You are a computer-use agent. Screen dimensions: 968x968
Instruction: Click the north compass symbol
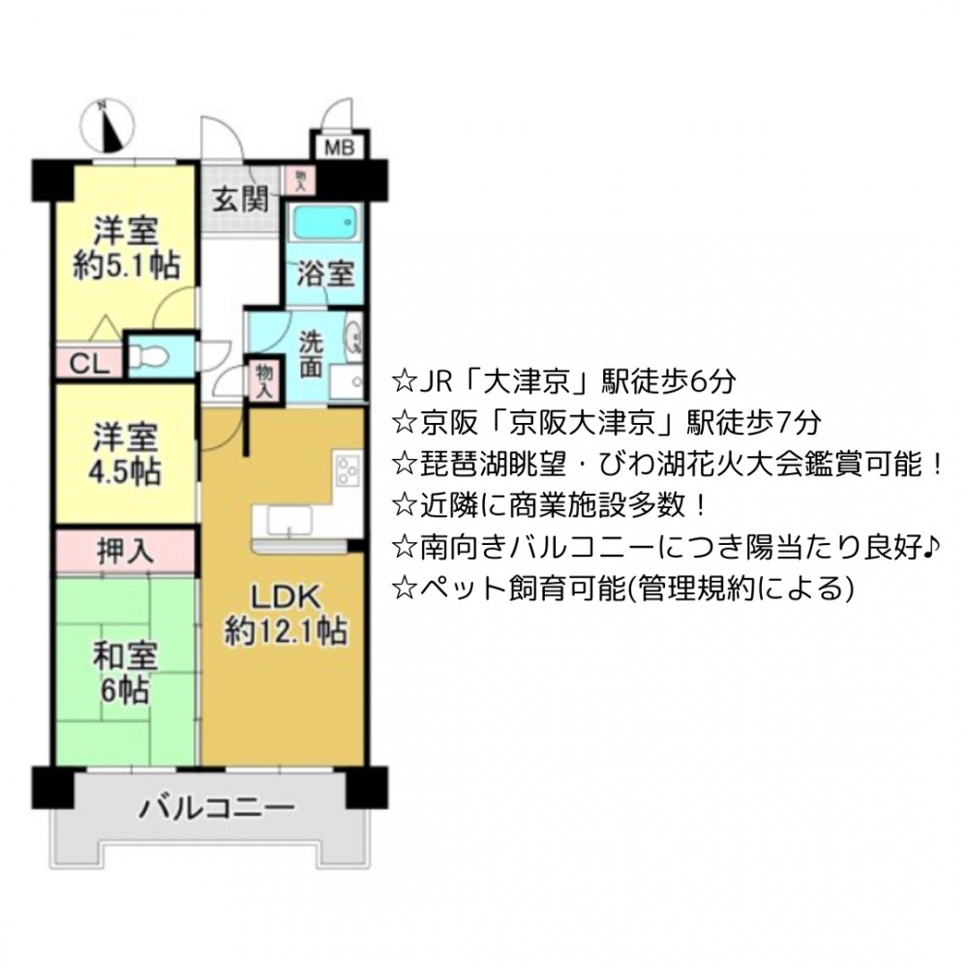click(110, 127)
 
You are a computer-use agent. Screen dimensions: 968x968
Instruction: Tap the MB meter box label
click(340, 148)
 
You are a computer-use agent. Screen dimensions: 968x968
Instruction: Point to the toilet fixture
click(149, 356)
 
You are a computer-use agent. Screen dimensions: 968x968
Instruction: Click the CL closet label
click(89, 364)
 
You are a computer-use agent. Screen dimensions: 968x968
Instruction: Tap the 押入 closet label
click(125, 551)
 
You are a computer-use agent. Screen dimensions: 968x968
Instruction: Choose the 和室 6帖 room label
click(125, 673)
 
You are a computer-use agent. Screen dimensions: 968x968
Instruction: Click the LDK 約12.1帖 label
click(286, 615)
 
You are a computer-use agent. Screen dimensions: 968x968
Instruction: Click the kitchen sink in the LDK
click(289, 520)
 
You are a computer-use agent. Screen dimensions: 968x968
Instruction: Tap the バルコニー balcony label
click(217, 807)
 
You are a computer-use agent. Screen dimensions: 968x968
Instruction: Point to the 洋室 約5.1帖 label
click(127, 248)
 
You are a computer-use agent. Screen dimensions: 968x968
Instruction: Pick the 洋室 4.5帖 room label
click(126, 454)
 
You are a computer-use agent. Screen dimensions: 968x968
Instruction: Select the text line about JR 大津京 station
click(563, 381)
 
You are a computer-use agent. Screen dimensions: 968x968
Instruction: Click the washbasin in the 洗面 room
click(354, 337)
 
